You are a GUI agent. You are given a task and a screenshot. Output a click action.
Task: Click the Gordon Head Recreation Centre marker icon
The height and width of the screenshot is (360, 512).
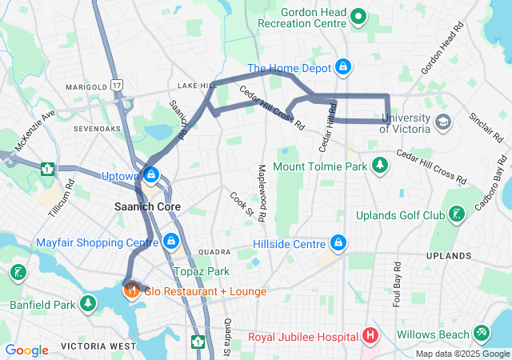[359, 14]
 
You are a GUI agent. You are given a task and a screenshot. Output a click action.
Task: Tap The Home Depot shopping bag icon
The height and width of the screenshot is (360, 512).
[343, 67]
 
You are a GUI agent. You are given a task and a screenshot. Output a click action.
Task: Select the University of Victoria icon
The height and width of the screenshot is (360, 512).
[443, 122]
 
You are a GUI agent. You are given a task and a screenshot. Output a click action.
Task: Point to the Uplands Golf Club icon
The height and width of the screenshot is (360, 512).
[456, 214]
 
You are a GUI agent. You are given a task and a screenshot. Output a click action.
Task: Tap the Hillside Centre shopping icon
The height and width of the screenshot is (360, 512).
[338, 242]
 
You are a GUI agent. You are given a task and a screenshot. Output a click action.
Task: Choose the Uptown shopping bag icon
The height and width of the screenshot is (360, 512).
[150, 174]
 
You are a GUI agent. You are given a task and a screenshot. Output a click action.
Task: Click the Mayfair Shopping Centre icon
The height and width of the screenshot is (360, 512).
[170, 242]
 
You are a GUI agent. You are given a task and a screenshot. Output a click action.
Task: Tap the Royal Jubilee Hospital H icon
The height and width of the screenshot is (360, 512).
[370, 336]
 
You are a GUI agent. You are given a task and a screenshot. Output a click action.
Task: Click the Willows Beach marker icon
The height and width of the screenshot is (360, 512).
[481, 332]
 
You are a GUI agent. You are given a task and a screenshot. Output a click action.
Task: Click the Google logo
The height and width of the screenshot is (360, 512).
[27, 350]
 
